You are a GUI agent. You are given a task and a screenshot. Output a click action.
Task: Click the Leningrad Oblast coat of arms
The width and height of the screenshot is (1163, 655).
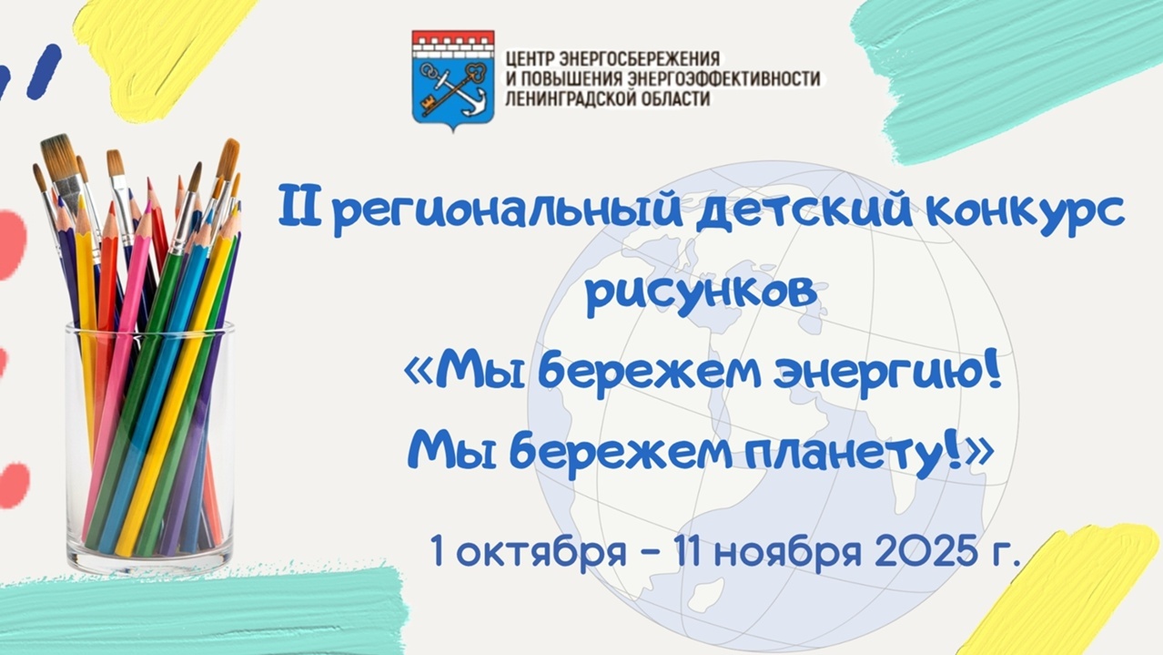point(453,80)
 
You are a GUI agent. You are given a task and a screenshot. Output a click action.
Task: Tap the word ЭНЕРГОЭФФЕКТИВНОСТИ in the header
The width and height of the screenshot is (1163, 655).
point(724,79)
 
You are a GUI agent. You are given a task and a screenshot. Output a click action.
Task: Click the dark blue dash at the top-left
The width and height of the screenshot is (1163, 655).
point(44,72)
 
